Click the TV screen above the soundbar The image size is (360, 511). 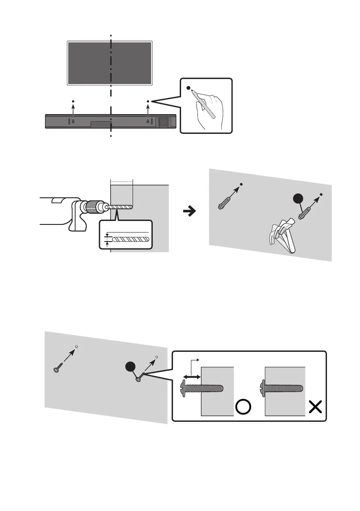[x=86, y=62]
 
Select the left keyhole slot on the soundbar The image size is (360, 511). [x=73, y=121]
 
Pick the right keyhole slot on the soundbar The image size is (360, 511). [x=148, y=121]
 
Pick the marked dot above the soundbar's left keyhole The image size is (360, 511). [x=73, y=102]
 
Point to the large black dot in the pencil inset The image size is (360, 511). [x=188, y=88]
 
